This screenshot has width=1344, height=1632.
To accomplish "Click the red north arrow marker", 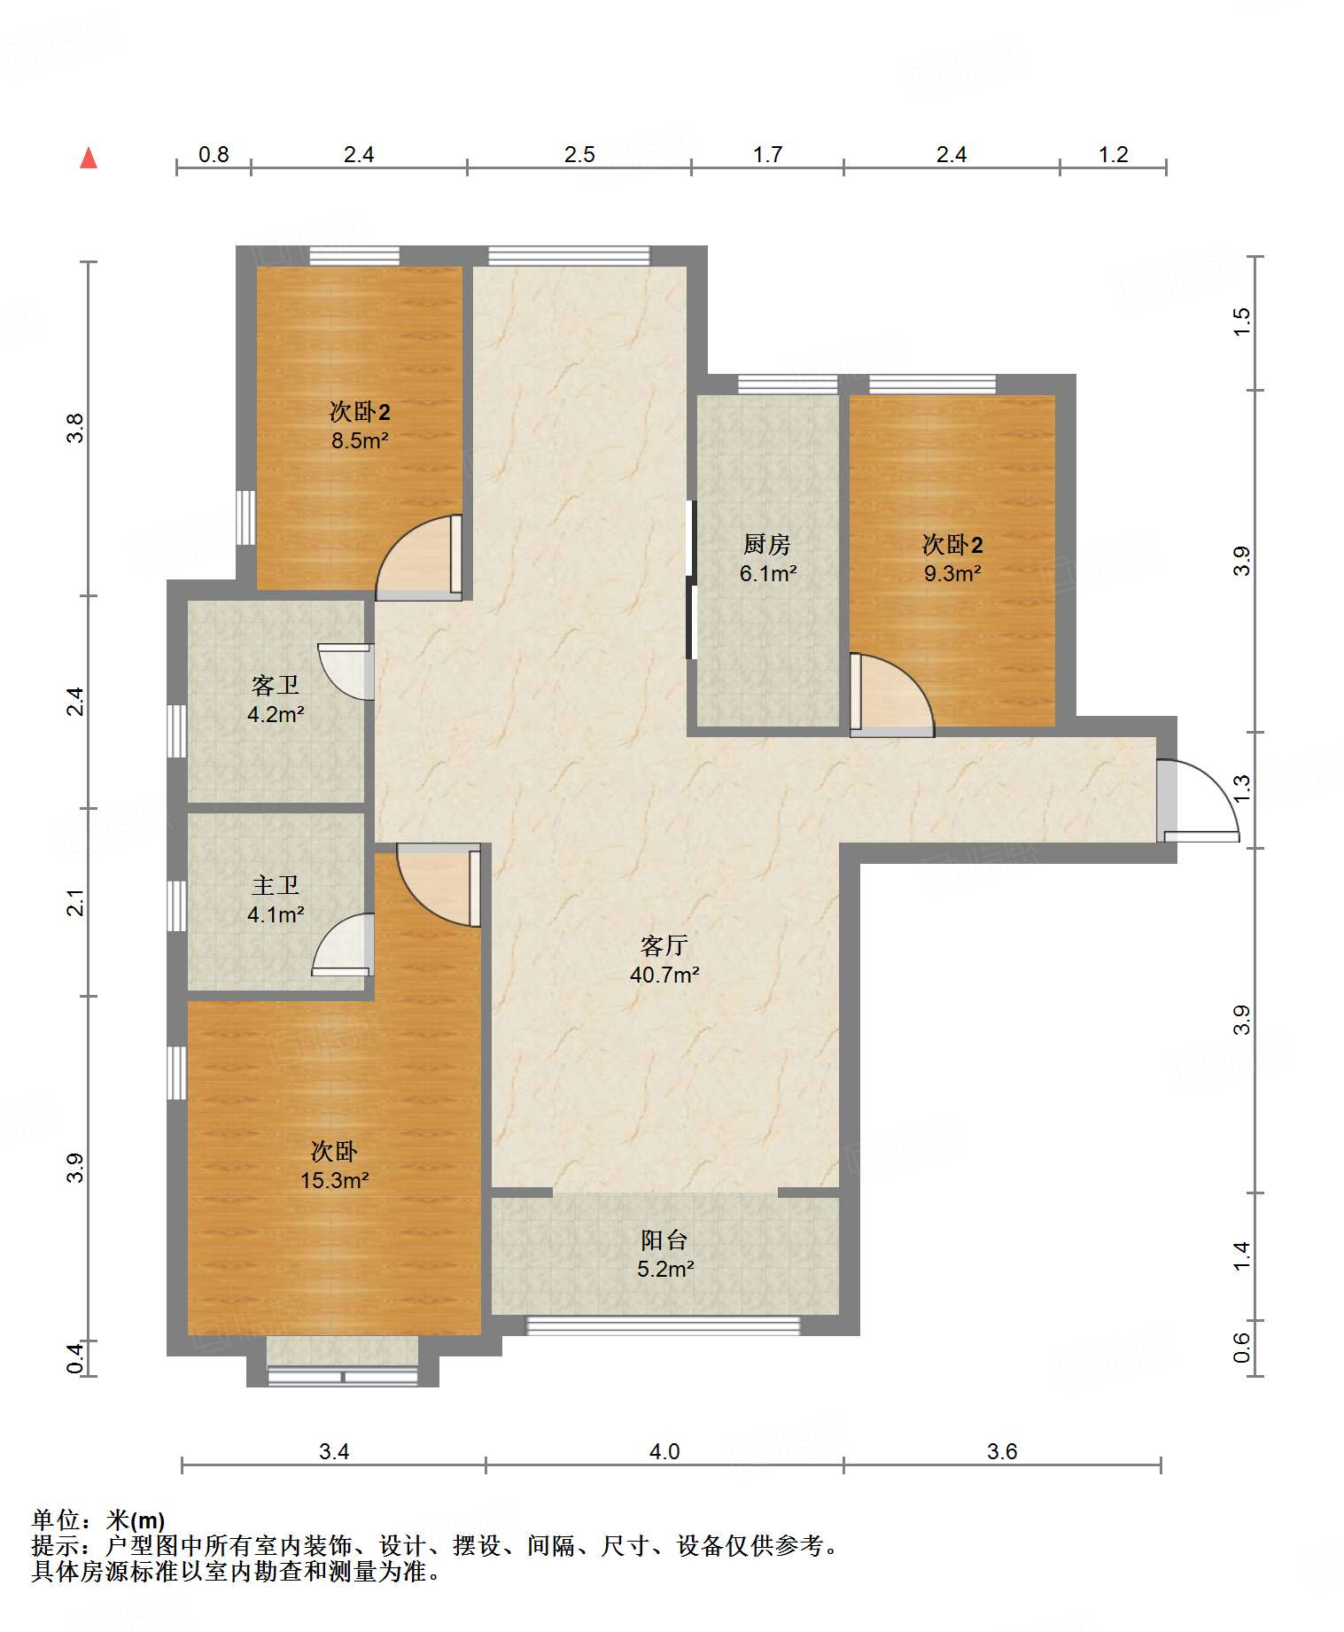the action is (x=89, y=158).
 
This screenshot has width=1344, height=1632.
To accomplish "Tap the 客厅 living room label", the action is (x=664, y=945).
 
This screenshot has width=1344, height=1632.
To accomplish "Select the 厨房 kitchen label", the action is (x=767, y=543).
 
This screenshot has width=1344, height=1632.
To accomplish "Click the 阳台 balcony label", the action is (x=664, y=1240).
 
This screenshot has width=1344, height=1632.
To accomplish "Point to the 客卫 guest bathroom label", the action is (x=276, y=685).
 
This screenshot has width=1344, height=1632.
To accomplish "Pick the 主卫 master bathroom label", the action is (x=276, y=885).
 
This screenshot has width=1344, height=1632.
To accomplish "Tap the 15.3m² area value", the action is (x=334, y=1180).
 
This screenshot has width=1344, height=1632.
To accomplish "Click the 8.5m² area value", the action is (x=360, y=440).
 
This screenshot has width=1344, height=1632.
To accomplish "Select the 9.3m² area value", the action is (x=952, y=573).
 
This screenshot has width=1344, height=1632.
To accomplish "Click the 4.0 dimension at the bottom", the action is (x=664, y=1451).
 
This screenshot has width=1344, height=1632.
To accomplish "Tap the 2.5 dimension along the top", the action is (x=579, y=154).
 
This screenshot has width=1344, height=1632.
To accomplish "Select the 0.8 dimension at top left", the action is (x=214, y=154).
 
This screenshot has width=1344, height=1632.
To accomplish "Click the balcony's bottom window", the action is (x=664, y=1325).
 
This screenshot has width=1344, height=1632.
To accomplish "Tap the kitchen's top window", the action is (x=788, y=385).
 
